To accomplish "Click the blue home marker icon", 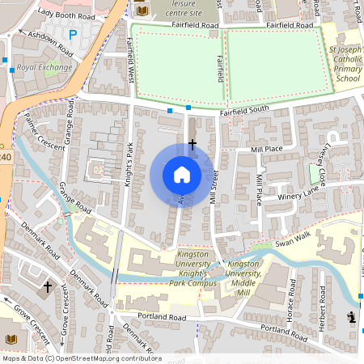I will pos(182,174).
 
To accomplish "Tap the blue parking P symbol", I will pos(73,35).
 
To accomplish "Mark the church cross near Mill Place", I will pos(192,144).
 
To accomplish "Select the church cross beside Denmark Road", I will pos(47,286).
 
